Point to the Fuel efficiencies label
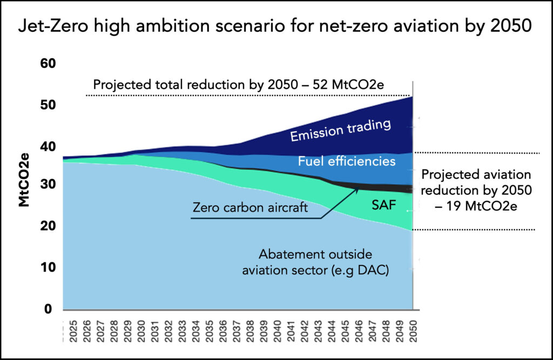(347, 161)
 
